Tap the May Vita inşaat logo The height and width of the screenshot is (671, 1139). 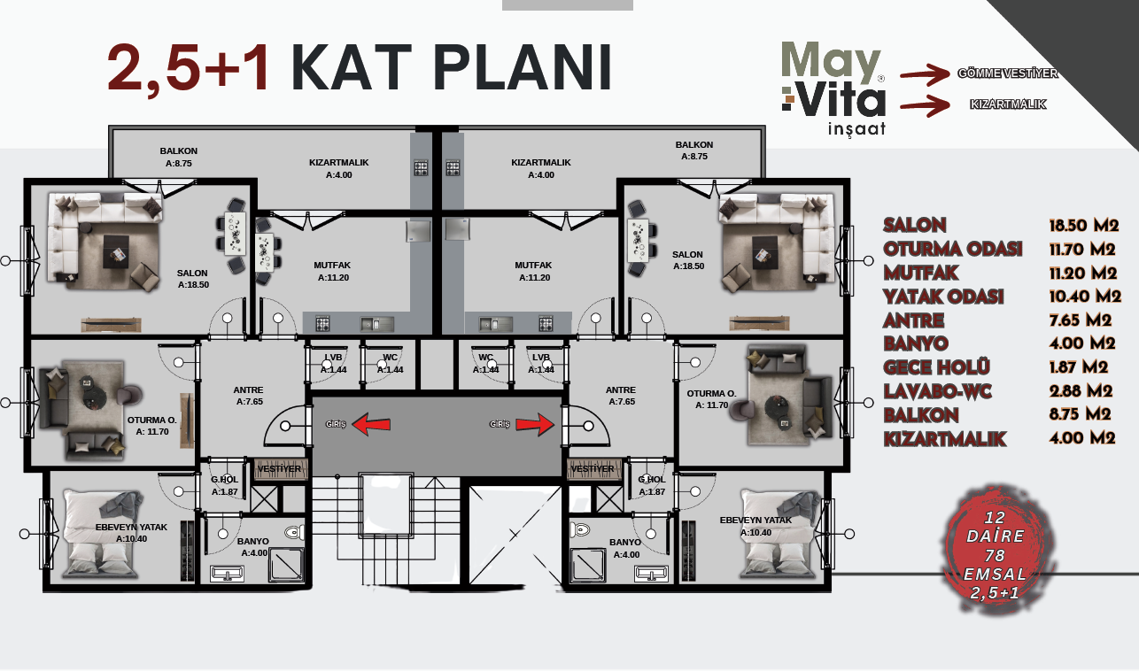point(833,89)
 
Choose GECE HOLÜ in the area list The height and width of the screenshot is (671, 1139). point(936,366)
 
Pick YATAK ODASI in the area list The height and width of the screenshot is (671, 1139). point(943,297)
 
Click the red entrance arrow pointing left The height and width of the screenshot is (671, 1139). point(372,424)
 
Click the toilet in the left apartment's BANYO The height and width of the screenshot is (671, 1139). point(293,532)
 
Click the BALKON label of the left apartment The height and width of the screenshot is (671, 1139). point(178,150)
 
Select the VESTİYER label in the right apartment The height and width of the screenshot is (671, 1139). point(593,468)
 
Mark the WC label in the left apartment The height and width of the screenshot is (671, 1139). point(390,358)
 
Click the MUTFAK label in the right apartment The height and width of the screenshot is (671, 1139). point(533,265)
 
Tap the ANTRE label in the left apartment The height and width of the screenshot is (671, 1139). point(247,389)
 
